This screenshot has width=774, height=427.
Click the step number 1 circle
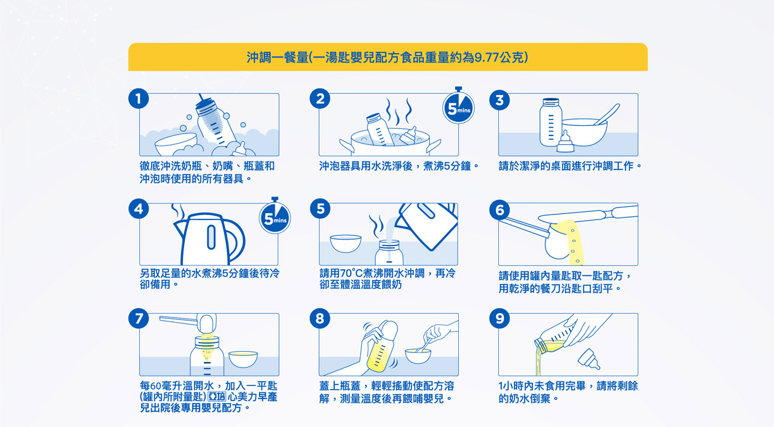click(x=139, y=99)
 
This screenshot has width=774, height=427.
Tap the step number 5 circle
click(x=320, y=209)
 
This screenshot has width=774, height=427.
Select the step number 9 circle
click(x=499, y=319)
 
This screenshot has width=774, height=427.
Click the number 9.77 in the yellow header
click(x=487, y=58)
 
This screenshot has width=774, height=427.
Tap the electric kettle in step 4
click(x=209, y=239)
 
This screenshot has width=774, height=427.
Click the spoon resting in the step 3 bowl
click(x=607, y=114)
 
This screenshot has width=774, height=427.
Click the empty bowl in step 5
click(x=346, y=244)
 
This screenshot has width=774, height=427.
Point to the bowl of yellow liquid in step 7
click(x=243, y=359)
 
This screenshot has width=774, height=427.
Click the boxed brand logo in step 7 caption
click(x=216, y=397)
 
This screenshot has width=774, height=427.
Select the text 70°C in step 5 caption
click(x=351, y=274)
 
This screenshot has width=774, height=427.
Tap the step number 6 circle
click(x=499, y=209)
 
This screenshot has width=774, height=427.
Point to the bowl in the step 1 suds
click(x=176, y=144)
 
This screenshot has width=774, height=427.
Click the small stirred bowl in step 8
click(x=418, y=356)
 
